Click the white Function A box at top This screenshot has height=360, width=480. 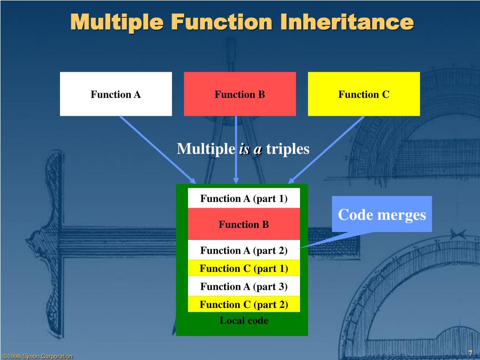[x=116, y=94]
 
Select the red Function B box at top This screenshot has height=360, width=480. [x=240, y=94]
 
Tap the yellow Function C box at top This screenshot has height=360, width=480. [x=364, y=94]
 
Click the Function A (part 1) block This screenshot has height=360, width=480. [x=244, y=198]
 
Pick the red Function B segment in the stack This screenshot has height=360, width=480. [x=244, y=224]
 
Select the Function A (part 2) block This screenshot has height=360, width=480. [x=244, y=250]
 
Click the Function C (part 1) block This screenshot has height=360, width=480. [x=244, y=268]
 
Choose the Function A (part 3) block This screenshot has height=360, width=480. [x=244, y=286]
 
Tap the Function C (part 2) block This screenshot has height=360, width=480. [x=244, y=304]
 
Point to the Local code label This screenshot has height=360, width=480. [x=244, y=321]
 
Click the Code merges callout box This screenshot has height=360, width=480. [x=382, y=214]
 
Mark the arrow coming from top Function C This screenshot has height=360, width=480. [x=326, y=149]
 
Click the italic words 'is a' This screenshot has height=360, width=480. [x=250, y=150]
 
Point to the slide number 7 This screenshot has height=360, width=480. [x=470, y=352]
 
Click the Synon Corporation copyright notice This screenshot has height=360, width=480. [x=37, y=356]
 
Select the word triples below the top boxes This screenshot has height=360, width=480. [x=288, y=149]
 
